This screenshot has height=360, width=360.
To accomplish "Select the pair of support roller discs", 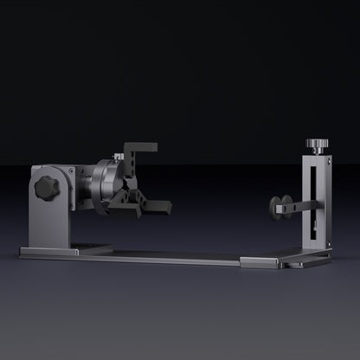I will [x=281, y=205].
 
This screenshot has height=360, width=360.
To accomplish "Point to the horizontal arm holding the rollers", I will [x=300, y=205].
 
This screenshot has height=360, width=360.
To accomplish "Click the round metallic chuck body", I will [x=106, y=185].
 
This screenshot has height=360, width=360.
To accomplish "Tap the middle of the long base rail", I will [x=173, y=256].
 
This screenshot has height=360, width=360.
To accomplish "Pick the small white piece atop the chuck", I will [x=119, y=157].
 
